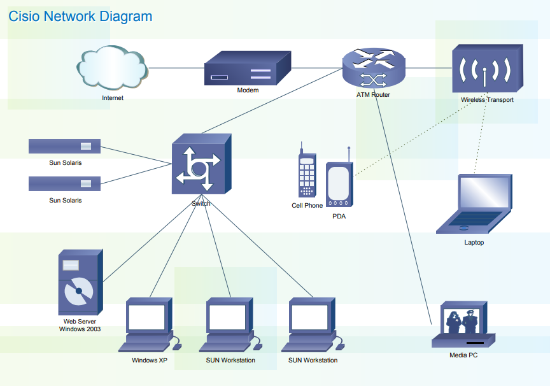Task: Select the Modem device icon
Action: click(x=247, y=69)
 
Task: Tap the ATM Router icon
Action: click(x=373, y=68)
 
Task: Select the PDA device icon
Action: click(x=338, y=184)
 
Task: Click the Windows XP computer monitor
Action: click(x=146, y=317)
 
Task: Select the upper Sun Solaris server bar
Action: click(x=64, y=147)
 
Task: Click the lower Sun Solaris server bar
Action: click(x=64, y=183)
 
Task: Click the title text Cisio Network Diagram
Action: click(x=80, y=17)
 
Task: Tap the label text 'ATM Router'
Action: click(x=373, y=95)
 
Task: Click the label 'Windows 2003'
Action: click(x=80, y=329)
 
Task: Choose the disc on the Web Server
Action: click(x=78, y=292)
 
